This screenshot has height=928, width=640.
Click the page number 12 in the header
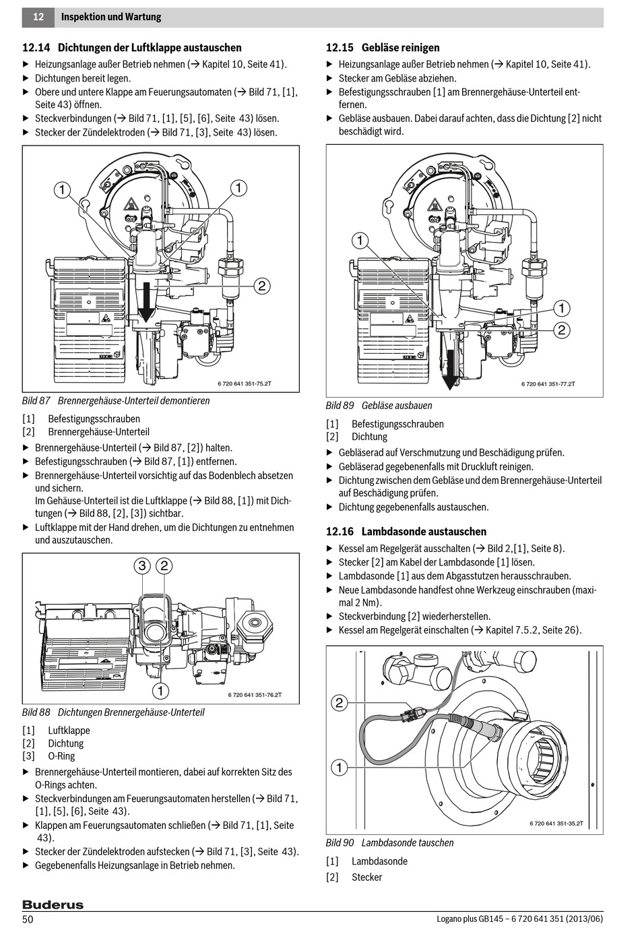coord(38,17)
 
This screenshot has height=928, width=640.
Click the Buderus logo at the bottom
coord(53,904)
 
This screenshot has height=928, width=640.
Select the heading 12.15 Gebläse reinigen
coord(383,48)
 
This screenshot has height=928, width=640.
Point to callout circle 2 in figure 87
coord(262,286)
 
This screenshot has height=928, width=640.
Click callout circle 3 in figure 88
coord(142,565)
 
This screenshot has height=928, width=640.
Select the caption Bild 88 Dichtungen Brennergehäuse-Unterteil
coord(113,712)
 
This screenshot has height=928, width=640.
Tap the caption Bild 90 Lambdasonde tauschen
coord(389,842)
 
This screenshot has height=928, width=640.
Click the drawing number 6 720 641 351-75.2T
coord(245,383)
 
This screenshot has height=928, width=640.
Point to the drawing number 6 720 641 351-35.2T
coord(556,824)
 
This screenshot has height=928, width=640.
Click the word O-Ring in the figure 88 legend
coord(61,757)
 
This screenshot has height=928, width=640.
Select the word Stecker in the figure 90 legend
coord(366,877)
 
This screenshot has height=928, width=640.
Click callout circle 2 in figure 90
coord(340,703)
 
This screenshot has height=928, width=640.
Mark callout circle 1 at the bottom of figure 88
coord(160,690)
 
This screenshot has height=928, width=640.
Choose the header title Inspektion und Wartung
coord(111,17)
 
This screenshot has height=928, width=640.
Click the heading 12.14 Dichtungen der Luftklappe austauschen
coord(132,48)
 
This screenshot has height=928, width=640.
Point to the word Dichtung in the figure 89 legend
coord(369,437)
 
